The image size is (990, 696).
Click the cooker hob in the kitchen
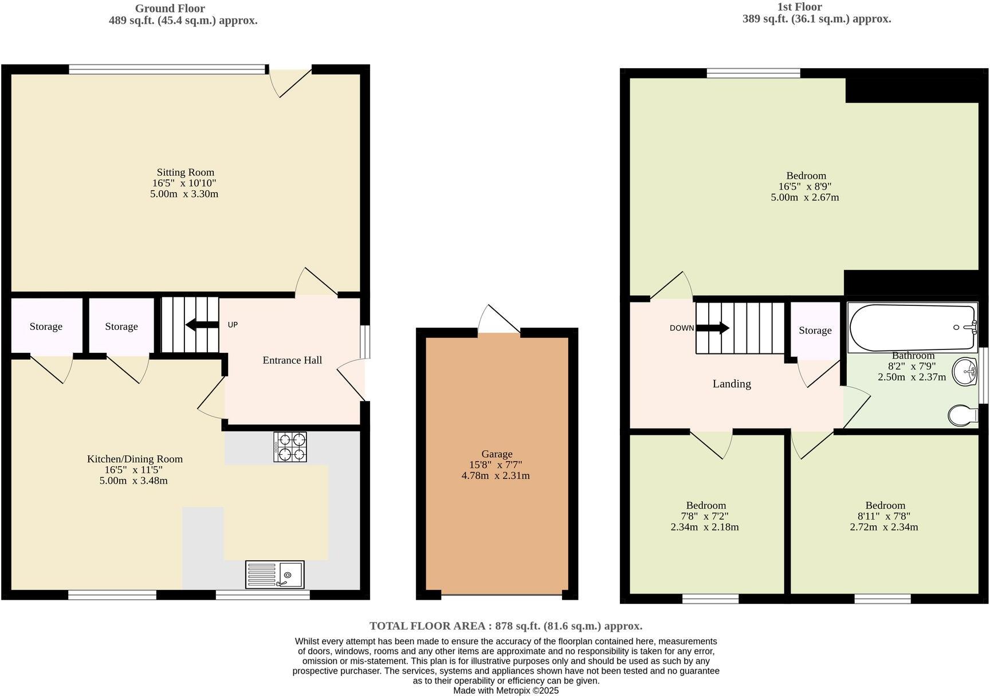[x=290, y=447]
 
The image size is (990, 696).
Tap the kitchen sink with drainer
[x=275, y=575]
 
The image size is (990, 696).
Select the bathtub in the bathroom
[x=913, y=327]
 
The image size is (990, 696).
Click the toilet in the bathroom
[x=962, y=415]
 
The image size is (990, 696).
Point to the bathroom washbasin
[x=965, y=372]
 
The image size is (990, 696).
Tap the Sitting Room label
[x=185, y=172]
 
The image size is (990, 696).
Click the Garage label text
[x=496, y=454]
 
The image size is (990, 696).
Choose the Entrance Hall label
[x=292, y=360]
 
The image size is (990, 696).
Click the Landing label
[x=732, y=384]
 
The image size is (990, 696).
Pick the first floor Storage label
[x=815, y=331]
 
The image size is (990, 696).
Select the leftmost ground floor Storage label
[x=46, y=327]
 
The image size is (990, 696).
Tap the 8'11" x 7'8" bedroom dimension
[x=885, y=516]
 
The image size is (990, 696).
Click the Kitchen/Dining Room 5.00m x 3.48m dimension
[x=133, y=481]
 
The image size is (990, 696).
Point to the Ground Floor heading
[x=170, y=9]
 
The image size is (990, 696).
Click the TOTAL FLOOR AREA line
[x=505, y=626]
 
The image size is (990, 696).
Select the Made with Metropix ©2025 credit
[x=505, y=691]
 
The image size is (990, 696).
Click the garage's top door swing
[x=498, y=319]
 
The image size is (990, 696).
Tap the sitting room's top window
[x=167, y=70]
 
